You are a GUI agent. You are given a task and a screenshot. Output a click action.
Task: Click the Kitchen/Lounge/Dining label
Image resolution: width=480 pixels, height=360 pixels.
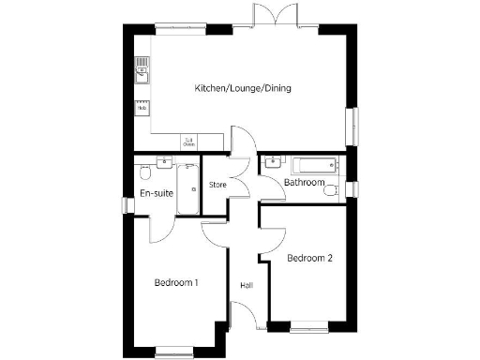(x=243, y=88)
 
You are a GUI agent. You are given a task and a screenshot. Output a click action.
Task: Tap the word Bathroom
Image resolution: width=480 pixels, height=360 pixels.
(x=305, y=182)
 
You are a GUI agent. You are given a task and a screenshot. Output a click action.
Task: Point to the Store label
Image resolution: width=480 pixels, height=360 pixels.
(x=217, y=184)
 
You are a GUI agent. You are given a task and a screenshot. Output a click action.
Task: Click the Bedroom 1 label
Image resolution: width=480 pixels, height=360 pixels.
(x=175, y=281)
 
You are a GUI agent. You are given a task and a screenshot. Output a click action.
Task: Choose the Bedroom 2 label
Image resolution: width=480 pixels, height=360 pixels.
(x=310, y=258)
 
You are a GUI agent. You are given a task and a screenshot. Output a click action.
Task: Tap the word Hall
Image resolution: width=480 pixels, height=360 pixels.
(x=247, y=285)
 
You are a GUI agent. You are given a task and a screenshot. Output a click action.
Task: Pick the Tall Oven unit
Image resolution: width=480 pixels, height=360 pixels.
(x=188, y=142)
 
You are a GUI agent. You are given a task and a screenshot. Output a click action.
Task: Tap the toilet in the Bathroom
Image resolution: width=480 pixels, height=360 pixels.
(x=330, y=190)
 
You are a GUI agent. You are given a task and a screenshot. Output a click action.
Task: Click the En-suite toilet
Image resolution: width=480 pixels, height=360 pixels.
(x=144, y=174)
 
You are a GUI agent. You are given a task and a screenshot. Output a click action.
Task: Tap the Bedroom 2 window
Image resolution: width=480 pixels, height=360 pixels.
(x=309, y=327)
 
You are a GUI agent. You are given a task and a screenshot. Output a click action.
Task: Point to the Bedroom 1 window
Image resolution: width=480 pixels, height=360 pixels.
(x=174, y=351)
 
